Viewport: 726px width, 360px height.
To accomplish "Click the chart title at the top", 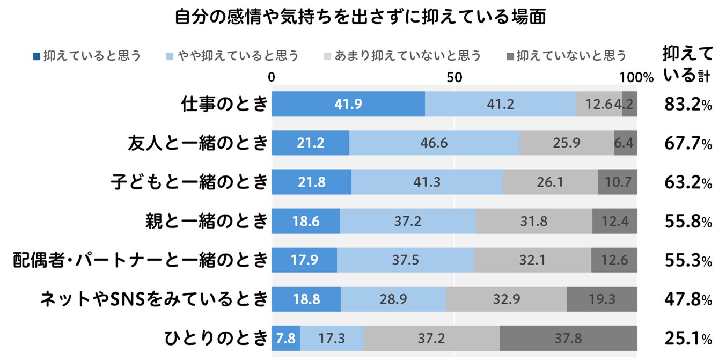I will pyautogui.click(x=361, y=17).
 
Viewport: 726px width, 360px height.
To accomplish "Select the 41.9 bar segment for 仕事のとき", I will pyautogui.click(x=348, y=104).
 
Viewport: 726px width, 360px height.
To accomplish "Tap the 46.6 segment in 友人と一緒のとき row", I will pyautogui.click(x=434, y=143).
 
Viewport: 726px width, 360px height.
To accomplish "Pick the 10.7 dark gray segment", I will pyautogui.click(x=618, y=182).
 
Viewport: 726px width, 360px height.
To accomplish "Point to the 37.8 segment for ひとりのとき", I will pyautogui.click(x=568, y=338).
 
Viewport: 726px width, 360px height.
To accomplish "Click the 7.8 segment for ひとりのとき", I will pyautogui.click(x=285, y=338).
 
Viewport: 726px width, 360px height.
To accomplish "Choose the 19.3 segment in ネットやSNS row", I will pyautogui.click(x=602, y=299).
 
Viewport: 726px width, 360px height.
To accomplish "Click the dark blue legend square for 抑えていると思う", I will pyautogui.click(x=36, y=56).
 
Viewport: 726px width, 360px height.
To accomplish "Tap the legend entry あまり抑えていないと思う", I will pyautogui.click(x=403, y=55).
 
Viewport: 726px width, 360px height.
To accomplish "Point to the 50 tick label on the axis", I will pyautogui.click(x=454, y=77).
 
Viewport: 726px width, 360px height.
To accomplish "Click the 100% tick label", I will pyautogui.click(x=636, y=77).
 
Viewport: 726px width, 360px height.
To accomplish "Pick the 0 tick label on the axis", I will pyautogui.click(x=272, y=77).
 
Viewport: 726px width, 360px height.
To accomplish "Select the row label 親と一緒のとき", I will pyautogui.click(x=207, y=221).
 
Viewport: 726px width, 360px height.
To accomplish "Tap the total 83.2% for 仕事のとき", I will pyautogui.click(x=687, y=105).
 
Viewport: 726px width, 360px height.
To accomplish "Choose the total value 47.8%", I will pyautogui.click(x=687, y=299).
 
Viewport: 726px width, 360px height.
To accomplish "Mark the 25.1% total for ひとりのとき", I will pyautogui.click(x=687, y=338).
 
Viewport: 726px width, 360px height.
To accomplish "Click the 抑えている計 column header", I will pyautogui.click(x=687, y=64).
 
